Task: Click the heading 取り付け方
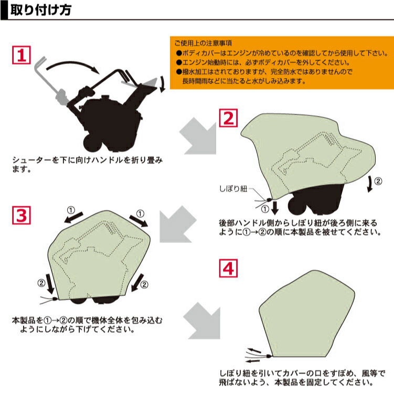41,10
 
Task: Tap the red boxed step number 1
22,55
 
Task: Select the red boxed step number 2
228,118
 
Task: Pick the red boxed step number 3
22,215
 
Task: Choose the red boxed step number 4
228,268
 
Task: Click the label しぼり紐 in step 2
233,188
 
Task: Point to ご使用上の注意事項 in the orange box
203,43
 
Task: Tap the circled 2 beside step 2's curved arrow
378,181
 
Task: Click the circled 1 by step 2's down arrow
265,209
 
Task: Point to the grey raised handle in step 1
49,80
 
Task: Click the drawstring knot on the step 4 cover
269,356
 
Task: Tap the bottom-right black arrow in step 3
137,283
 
